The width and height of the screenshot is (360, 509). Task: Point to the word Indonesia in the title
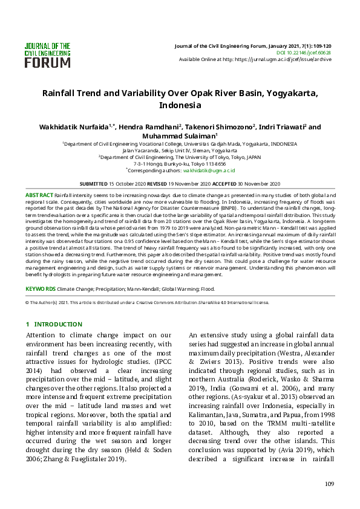coord(180,105)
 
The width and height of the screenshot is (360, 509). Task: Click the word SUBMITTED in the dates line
coord(94,183)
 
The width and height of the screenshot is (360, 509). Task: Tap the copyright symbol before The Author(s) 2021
coord(27,302)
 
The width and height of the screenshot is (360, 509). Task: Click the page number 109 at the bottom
coord(329,484)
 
